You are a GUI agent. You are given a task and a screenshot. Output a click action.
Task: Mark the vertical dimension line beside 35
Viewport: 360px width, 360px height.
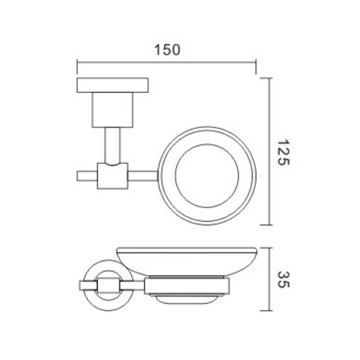[270, 276]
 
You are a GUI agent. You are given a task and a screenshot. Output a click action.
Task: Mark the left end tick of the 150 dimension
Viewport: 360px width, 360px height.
[77, 64]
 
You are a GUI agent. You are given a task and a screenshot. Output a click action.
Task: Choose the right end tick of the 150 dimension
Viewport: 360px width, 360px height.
[256, 64]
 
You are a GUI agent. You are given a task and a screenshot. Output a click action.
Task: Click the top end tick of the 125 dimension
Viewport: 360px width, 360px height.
[270, 77]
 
